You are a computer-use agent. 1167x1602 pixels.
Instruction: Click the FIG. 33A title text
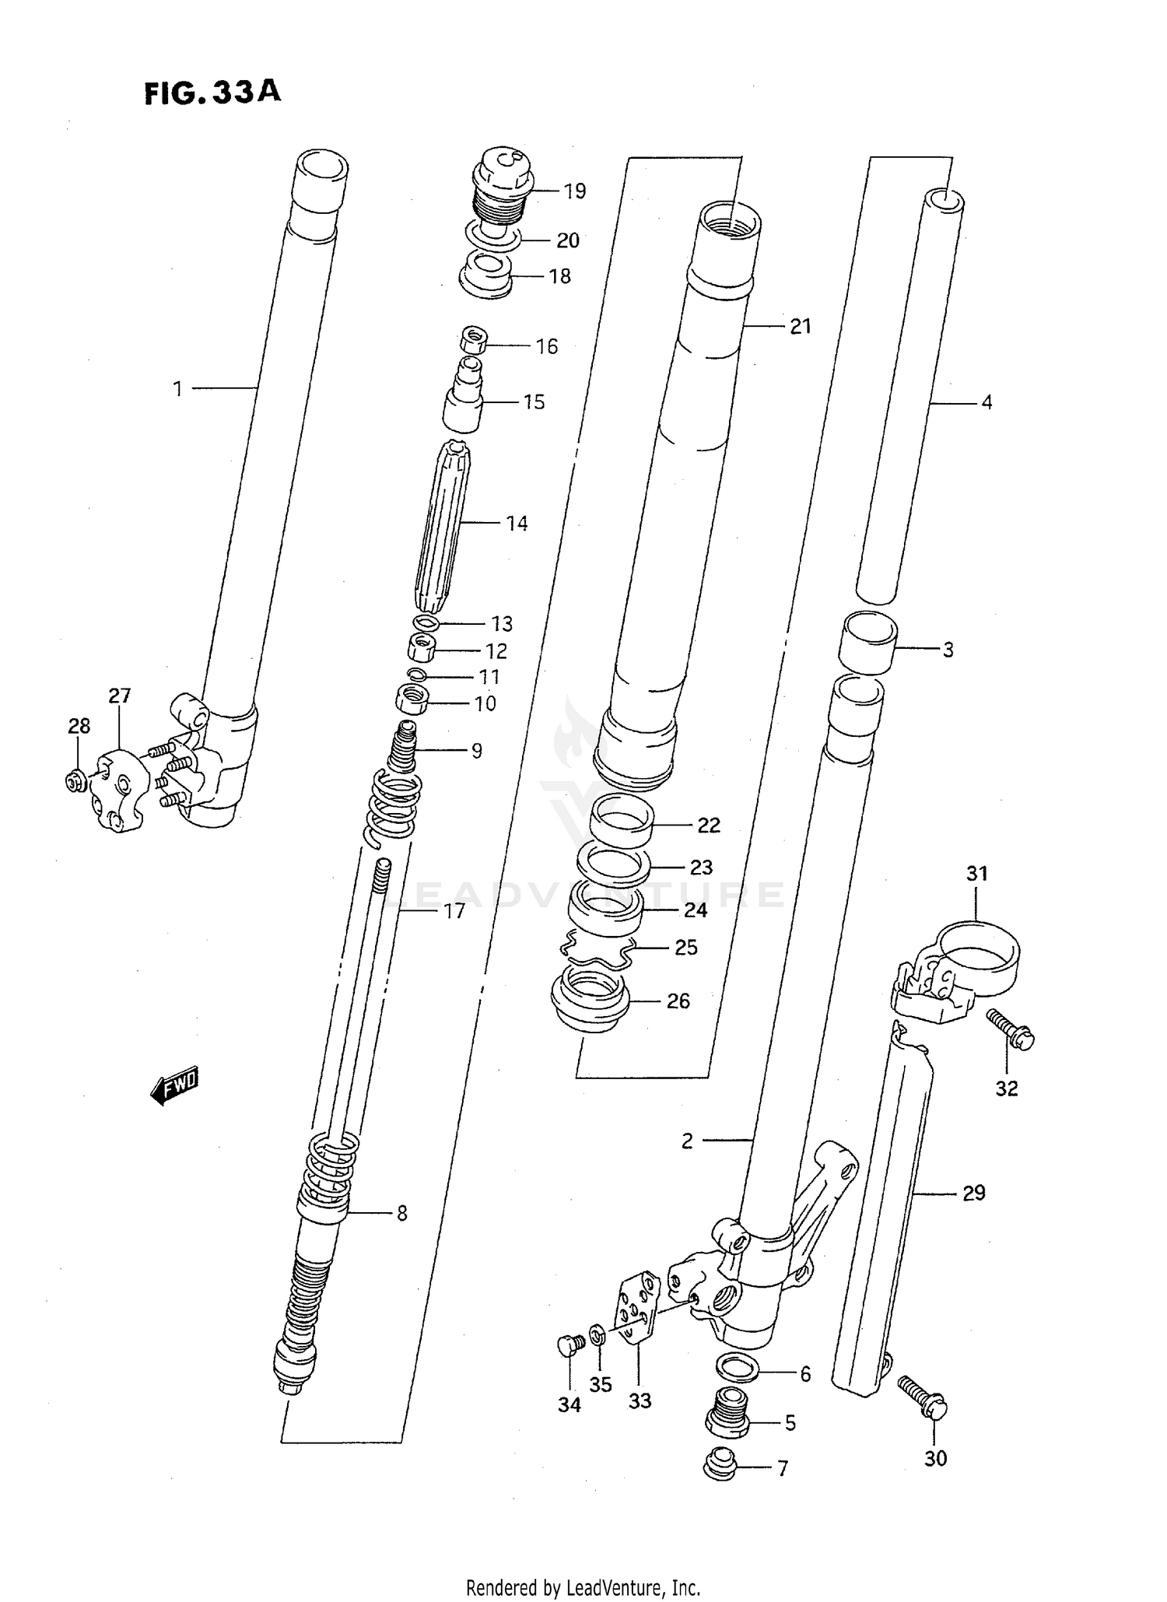pyautogui.click(x=212, y=93)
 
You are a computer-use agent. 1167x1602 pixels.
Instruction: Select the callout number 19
pyautogui.click(x=574, y=191)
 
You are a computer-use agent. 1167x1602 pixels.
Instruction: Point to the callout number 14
pyautogui.click(x=517, y=524)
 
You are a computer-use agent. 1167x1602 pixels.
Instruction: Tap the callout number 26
pyautogui.click(x=678, y=1001)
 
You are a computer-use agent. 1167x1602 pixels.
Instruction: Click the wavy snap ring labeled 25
pyautogui.click(x=598, y=948)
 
